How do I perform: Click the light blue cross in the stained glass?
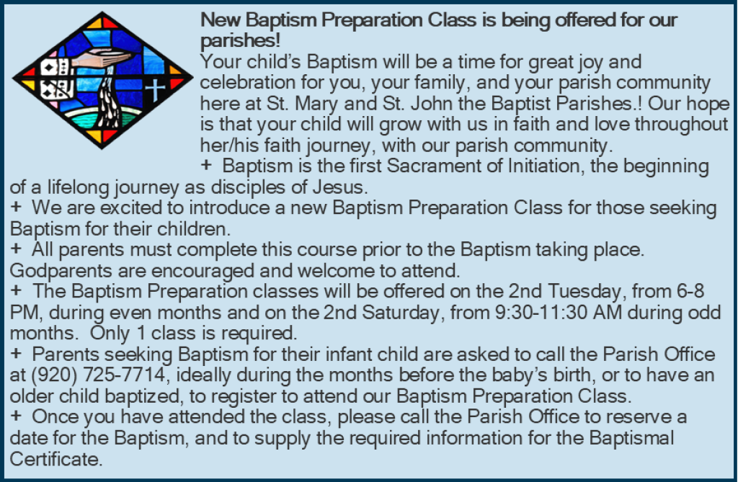tap(155, 90)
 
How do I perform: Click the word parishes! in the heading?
tap(240, 40)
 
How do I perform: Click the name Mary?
tap(317, 104)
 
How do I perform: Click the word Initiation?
tap(546, 166)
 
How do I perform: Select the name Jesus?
tap(340, 187)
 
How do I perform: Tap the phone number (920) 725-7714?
tap(98, 375)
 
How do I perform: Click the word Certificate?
tap(56, 458)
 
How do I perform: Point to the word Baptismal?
tap(631, 438)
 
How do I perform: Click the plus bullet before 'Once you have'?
tap(16, 416)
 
